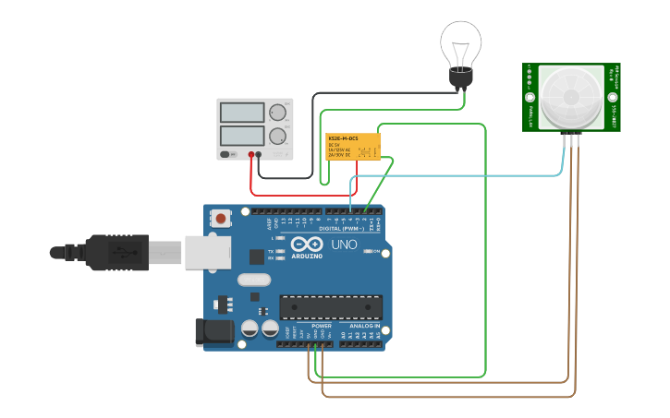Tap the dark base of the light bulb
pyautogui.click(x=460, y=79)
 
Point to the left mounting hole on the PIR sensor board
pyautogui.click(x=530, y=97)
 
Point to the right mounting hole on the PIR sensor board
pyautogui.click(x=611, y=97)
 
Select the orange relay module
pyautogui.click(x=353, y=146)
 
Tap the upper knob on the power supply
pyautogui.click(x=276, y=113)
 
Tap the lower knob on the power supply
pyautogui.click(x=276, y=136)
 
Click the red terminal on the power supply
pyautogui.click(x=251, y=155)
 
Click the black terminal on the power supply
pyautogui.click(x=261, y=155)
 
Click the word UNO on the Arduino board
pyautogui.click(x=344, y=245)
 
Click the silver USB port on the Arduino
pyautogui.click(x=207, y=251)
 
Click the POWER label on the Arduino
pyautogui.click(x=322, y=326)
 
